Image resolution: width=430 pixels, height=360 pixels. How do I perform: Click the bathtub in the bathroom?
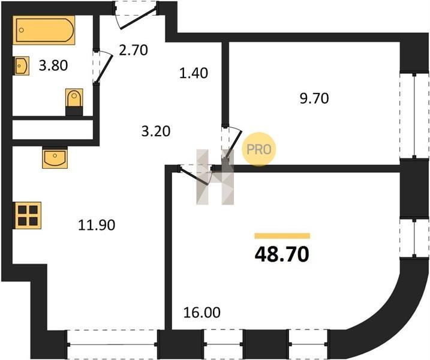[x=44, y=30]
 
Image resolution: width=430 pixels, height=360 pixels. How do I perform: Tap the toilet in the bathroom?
[x=74, y=101]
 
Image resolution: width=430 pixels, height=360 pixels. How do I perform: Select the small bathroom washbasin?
[x=21, y=65]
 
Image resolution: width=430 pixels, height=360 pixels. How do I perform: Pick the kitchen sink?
[x=55, y=158]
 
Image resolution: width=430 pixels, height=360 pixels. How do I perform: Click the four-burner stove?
[x=28, y=215]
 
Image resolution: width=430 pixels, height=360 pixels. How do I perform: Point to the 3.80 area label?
[x=53, y=66]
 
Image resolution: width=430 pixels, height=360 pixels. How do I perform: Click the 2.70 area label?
[x=133, y=50]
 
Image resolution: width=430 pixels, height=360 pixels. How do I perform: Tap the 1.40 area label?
[x=194, y=73]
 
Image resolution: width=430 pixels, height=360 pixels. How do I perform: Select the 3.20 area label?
[x=156, y=131]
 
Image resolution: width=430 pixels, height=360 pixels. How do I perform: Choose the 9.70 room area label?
[x=314, y=98]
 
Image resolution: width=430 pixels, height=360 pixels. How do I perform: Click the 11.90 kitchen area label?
[x=97, y=225]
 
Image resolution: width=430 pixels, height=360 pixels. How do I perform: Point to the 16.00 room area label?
[x=202, y=313]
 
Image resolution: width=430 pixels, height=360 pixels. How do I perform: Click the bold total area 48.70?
[x=282, y=254]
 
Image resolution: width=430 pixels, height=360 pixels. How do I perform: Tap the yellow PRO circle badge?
[x=258, y=149]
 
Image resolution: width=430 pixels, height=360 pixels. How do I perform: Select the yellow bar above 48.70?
[x=282, y=236]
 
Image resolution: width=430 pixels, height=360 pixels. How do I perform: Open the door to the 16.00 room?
[x=196, y=175]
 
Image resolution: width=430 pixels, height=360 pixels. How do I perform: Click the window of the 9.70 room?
[x=414, y=115]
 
